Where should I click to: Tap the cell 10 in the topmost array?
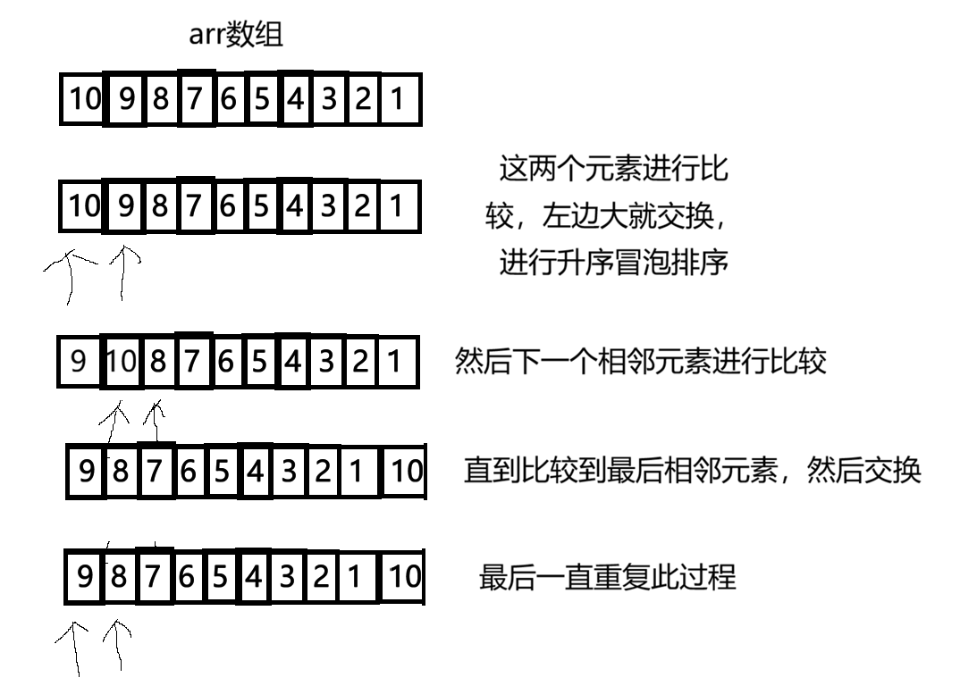point(85,100)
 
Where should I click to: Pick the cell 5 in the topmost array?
point(261,100)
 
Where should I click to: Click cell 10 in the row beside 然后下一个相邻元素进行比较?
point(121,362)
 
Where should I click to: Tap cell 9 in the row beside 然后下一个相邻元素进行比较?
point(79,362)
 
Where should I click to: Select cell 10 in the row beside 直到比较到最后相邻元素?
point(405,471)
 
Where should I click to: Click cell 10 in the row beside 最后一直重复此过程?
point(403,577)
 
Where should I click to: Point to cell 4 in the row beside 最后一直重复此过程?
point(253,577)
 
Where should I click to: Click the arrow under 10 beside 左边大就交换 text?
point(70,272)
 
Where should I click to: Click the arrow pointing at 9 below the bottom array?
point(73,647)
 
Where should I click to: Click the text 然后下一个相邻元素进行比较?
point(641,362)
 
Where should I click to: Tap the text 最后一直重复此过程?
point(608,577)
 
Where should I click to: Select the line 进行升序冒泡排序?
point(614,263)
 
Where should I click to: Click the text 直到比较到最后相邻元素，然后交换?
point(692,471)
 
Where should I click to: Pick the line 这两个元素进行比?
point(614,168)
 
